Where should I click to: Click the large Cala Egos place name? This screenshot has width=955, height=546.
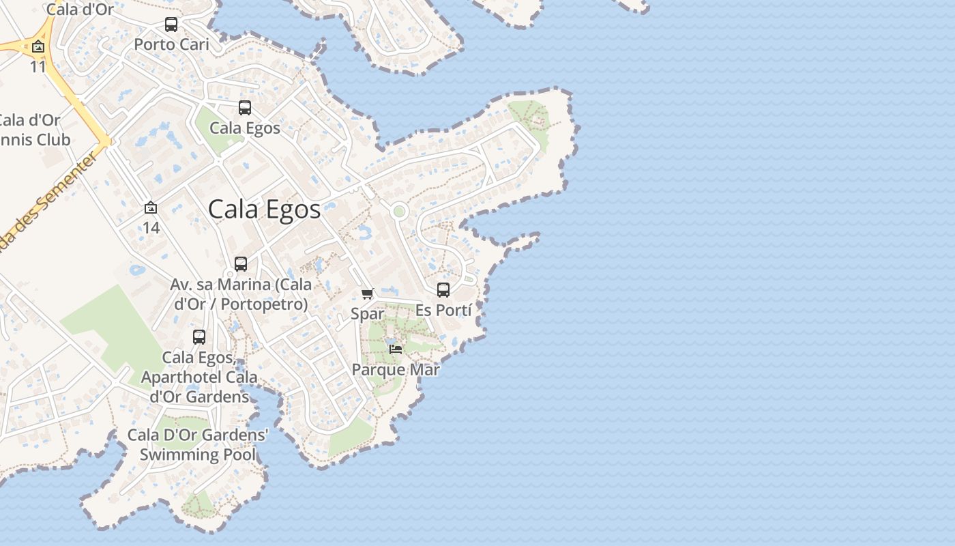tap(264, 210)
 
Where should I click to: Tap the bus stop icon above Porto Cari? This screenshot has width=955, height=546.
tap(171, 25)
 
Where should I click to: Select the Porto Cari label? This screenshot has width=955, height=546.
tap(171, 45)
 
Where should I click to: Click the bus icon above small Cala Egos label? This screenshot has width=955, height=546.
tap(245, 108)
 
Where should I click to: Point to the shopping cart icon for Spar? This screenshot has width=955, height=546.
tap(368, 293)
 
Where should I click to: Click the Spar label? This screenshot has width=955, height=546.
tap(368, 314)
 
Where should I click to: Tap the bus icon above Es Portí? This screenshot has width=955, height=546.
tap(443, 290)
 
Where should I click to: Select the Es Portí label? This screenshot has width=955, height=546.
tap(443, 311)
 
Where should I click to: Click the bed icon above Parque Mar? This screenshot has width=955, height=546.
tap(396, 349)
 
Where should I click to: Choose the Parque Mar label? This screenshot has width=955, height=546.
tap(396, 370)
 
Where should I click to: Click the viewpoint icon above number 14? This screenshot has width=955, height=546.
tap(151, 207)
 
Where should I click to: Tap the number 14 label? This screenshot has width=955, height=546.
tap(151, 227)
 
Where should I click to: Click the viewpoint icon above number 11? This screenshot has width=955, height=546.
tap(38, 47)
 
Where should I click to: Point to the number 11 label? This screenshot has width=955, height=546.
tap(38, 67)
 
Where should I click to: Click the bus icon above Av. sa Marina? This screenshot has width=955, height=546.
tap(241, 264)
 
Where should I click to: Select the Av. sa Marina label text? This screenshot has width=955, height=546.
tap(241, 294)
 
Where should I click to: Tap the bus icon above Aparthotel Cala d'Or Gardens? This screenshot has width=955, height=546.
tap(199, 337)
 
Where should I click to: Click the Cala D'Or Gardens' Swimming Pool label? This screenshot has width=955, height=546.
tap(198, 445)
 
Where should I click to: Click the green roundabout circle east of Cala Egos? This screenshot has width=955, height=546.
tap(399, 212)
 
